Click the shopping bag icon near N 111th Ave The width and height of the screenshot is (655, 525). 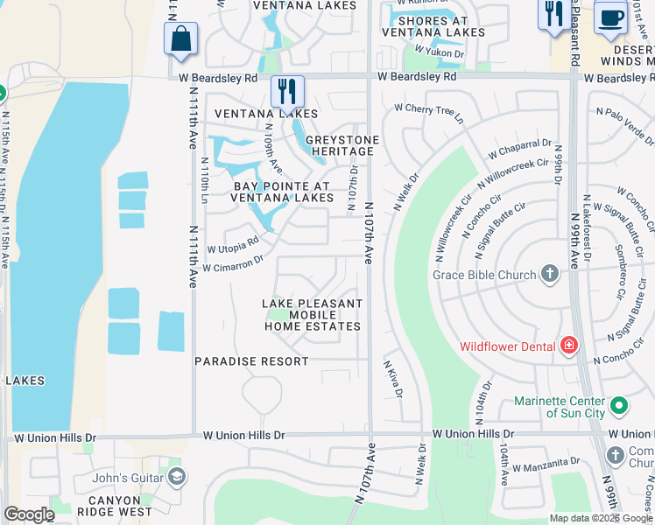[x=180, y=39]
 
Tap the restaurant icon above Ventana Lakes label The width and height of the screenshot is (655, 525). [x=286, y=91]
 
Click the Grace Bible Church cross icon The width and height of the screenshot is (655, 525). [x=549, y=275]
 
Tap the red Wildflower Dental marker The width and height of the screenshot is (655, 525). [x=569, y=346]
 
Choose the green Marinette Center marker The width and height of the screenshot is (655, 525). [x=619, y=405]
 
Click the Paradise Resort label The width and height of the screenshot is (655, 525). [x=251, y=361]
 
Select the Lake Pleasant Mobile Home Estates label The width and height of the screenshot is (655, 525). [x=313, y=315]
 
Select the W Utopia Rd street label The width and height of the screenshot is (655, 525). [x=232, y=246]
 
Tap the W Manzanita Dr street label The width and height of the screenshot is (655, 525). [x=546, y=461]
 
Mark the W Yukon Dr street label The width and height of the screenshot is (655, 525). [x=439, y=53]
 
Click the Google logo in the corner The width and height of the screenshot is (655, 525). [x=29, y=514]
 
